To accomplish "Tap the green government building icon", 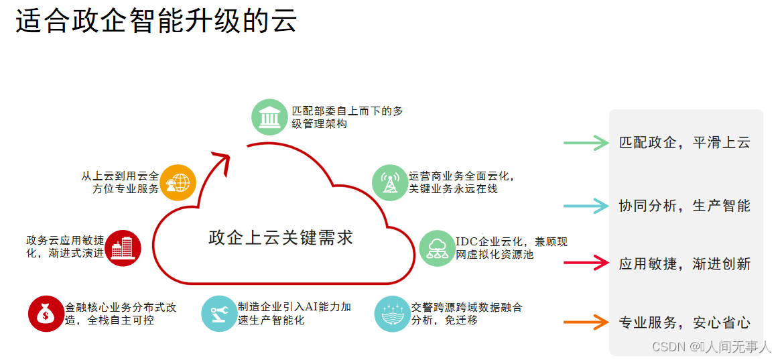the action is click(269, 117).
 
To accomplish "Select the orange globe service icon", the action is click(178, 182).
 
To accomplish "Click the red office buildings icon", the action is click(123, 248).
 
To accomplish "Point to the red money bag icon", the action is click(46, 313).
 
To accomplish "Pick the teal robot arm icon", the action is click(219, 313).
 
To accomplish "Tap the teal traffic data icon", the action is click(392, 313).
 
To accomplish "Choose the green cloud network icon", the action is click(437, 248).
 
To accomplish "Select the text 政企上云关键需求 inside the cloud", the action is click(281, 238).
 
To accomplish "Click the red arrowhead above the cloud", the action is click(223, 159).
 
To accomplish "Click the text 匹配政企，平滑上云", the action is click(684, 142).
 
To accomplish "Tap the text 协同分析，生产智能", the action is click(684, 206).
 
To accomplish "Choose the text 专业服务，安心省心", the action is click(684, 322).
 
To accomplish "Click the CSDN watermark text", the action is click(711, 347).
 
